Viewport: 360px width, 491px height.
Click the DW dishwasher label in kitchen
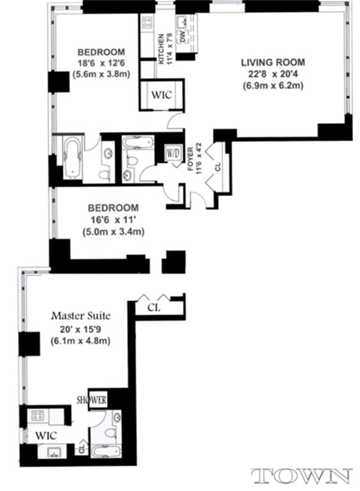(x=183, y=38)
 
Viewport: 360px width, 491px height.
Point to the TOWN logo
(x=301, y=476)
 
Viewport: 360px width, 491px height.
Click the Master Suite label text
(x=81, y=315)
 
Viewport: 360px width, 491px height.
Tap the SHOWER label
(x=92, y=400)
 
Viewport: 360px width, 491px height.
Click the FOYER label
(x=191, y=157)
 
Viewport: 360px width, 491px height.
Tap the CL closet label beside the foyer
(x=218, y=167)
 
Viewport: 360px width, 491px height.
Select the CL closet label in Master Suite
(x=154, y=307)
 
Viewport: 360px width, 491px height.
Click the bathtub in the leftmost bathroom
(x=72, y=158)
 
